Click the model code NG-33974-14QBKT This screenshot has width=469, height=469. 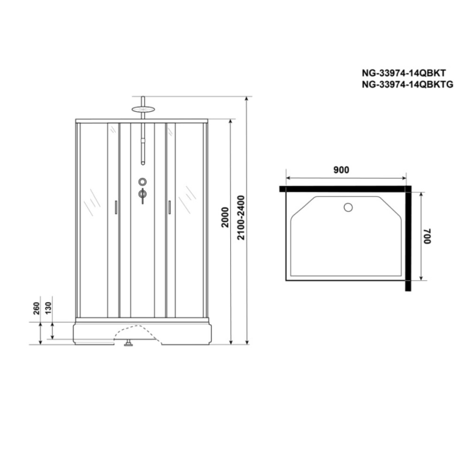pos(403,73)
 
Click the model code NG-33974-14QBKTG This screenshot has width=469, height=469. pos(407,84)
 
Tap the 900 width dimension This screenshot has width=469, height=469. pos(341,170)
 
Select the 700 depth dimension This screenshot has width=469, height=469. pos(427,236)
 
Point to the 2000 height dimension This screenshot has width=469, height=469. pos(225,218)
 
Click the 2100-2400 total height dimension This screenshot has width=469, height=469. pos(241,218)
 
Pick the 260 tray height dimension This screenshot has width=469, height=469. pos(36,309)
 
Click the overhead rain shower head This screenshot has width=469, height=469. pos(143,109)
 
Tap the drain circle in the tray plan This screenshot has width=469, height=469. pos(348,207)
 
